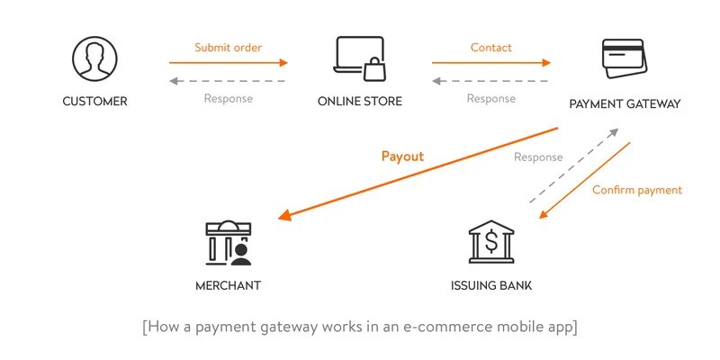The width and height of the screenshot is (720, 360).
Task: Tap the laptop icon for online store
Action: click(x=360, y=58)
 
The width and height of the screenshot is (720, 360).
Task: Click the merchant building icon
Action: click(x=228, y=242)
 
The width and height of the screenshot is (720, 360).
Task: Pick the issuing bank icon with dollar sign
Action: click(x=491, y=242)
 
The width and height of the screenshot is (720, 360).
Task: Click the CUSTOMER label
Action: click(x=94, y=102)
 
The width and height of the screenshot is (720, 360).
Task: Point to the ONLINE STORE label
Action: click(x=360, y=102)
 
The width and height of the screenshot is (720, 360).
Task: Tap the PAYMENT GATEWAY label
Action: click(x=625, y=103)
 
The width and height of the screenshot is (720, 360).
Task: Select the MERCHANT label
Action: click(x=228, y=286)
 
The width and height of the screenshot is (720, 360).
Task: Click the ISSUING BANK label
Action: click(x=491, y=286)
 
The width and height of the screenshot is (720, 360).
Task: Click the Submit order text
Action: click(x=228, y=47)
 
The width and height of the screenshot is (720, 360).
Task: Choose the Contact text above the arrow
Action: click(x=490, y=47)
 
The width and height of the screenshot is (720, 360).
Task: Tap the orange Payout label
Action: click(x=402, y=157)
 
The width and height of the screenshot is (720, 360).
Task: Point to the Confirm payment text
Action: click(x=636, y=190)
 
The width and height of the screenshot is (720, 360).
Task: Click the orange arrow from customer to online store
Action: click(x=228, y=63)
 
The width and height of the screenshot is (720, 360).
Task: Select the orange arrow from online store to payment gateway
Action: click(x=490, y=63)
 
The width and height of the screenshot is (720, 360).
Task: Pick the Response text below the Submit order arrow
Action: click(x=228, y=99)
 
